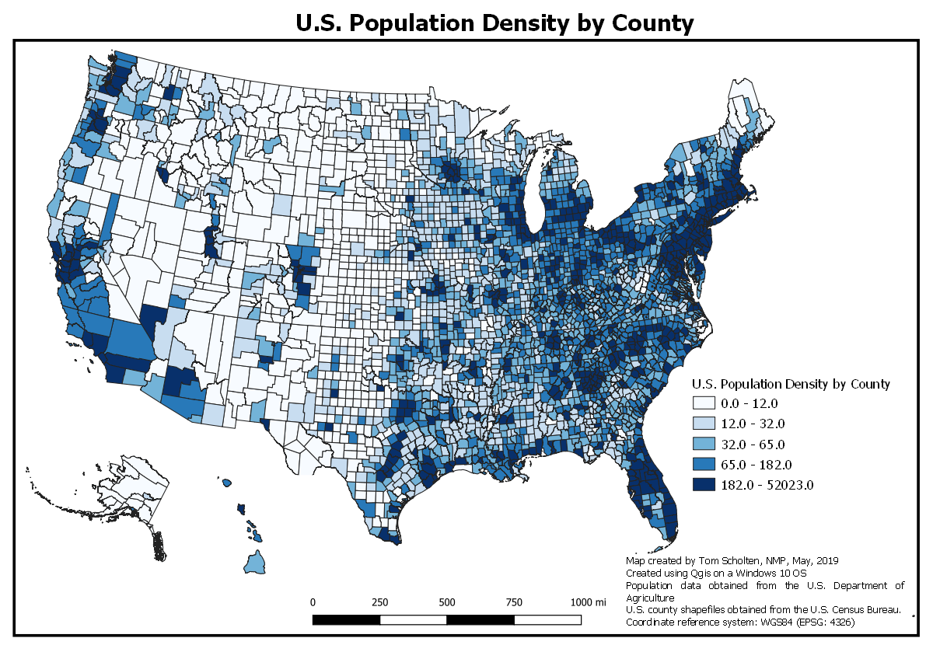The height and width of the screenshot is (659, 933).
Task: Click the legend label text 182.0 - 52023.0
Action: tap(767, 486)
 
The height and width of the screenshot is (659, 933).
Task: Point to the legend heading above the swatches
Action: tap(791, 384)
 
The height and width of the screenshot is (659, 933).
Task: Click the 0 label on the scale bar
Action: tap(313, 602)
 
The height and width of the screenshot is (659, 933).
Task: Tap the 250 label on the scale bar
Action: tap(379, 602)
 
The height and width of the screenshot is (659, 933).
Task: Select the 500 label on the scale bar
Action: tap(446, 602)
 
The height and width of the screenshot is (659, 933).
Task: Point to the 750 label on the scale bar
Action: tap(514, 602)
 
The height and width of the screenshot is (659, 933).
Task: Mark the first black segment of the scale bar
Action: tap(346, 619)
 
